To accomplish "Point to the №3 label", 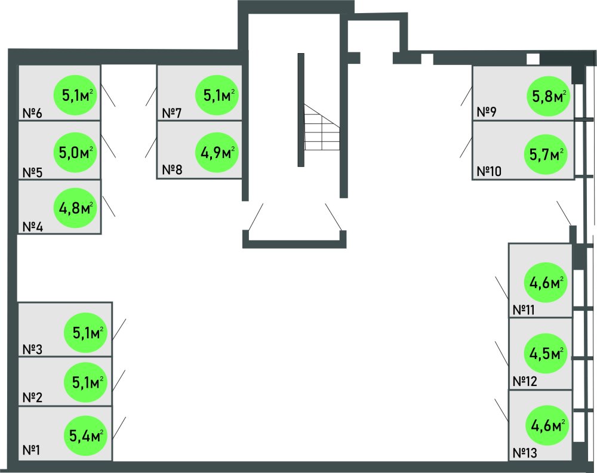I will pyautogui.click(x=32, y=348).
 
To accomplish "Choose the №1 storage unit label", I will pyautogui.click(x=32, y=450).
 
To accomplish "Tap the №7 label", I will pyautogui.click(x=172, y=113).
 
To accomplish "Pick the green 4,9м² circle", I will pyautogui.click(x=219, y=153).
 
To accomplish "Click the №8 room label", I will pyautogui.click(x=172, y=169).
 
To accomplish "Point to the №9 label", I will pyautogui.click(x=487, y=112).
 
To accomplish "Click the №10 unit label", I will pyautogui.click(x=490, y=172).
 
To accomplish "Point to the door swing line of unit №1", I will pyautogui.click(x=119, y=427).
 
